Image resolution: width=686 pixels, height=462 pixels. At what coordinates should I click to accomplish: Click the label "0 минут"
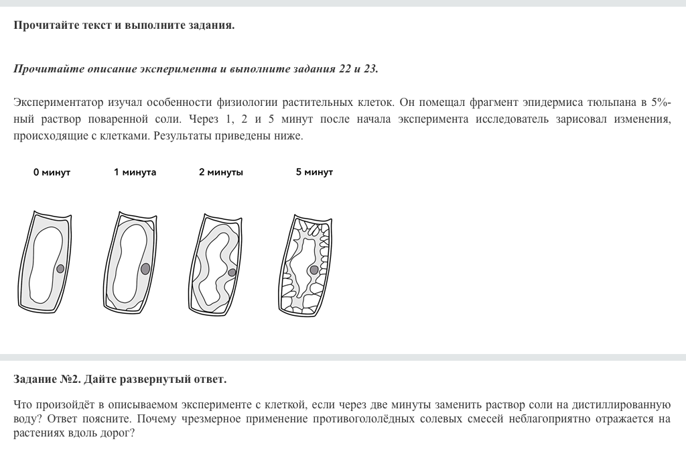tap(52, 172)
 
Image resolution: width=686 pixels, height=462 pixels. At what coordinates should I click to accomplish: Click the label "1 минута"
tap(135, 172)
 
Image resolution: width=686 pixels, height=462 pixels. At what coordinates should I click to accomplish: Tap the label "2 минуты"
tap(221, 172)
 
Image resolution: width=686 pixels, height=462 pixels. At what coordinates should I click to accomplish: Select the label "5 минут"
tap(314, 172)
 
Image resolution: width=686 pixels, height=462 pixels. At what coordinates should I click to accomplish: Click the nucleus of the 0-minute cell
tap(60, 269)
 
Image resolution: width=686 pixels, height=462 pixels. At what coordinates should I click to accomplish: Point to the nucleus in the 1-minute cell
tap(145, 269)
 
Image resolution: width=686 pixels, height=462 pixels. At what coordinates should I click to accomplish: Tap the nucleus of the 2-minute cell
tap(232, 272)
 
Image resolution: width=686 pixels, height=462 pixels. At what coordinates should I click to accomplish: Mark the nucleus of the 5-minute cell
tap(314, 270)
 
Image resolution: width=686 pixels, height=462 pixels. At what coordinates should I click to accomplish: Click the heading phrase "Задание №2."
tap(46, 380)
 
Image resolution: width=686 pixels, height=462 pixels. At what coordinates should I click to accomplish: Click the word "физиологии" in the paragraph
tap(245, 103)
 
